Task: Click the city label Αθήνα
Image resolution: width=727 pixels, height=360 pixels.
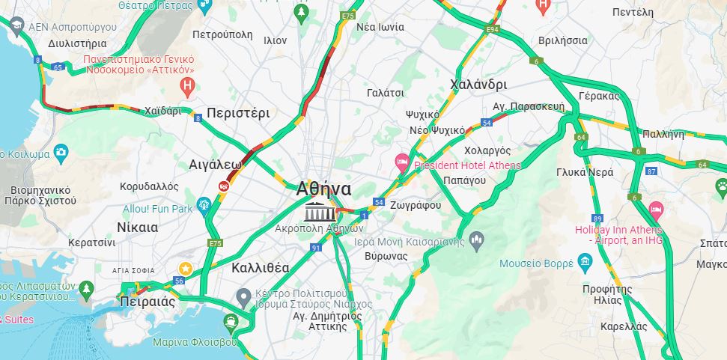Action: point(323,188)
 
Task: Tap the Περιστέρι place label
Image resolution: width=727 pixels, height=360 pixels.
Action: point(237,114)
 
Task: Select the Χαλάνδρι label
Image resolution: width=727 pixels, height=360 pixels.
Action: point(478,85)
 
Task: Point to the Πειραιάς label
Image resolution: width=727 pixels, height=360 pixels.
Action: point(147,302)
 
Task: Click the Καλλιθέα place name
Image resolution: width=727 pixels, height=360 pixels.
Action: point(261,267)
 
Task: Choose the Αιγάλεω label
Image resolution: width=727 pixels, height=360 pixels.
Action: point(215,164)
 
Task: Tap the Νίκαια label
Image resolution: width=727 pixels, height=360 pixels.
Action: point(138,228)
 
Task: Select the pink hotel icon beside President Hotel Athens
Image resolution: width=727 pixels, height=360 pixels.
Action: point(402,162)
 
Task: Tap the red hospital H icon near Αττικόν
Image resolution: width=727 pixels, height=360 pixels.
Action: point(188,87)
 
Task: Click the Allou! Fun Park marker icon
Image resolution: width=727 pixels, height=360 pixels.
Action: point(203,204)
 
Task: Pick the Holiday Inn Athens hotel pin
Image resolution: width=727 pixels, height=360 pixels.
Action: point(656,209)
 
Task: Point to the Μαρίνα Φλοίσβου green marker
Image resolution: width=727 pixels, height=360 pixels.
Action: point(231,323)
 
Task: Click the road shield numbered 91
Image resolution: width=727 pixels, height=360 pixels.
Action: point(316,247)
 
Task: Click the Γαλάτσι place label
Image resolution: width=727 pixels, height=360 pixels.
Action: point(386,93)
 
